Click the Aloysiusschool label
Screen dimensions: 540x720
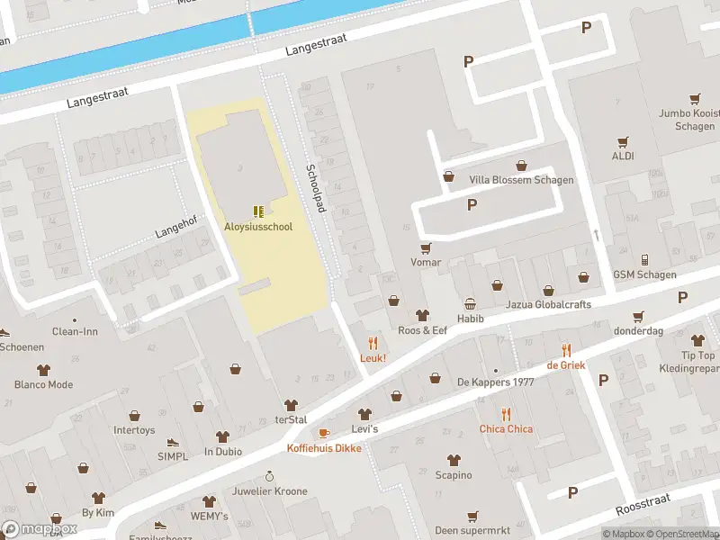[x=258, y=227]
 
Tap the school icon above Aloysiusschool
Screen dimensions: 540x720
[x=258, y=211]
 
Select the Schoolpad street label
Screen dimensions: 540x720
[x=315, y=188]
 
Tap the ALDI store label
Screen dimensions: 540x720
[x=623, y=156]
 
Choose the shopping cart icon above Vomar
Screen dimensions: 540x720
[x=426, y=247]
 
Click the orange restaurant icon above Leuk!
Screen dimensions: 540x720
[x=373, y=343]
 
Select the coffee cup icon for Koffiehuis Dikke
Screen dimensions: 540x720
[x=324, y=433]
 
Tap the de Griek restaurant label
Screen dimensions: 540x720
[x=565, y=365]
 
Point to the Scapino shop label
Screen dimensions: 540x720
[x=454, y=475]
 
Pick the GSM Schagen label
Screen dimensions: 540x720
[x=644, y=274]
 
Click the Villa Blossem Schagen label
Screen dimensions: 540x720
[x=521, y=180]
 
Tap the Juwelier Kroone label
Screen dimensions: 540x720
[x=269, y=491]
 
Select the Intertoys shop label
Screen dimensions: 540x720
[x=134, y=430]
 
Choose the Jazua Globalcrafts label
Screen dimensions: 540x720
[x=548, y=304]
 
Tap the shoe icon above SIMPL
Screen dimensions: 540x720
[x=172, y=443]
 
